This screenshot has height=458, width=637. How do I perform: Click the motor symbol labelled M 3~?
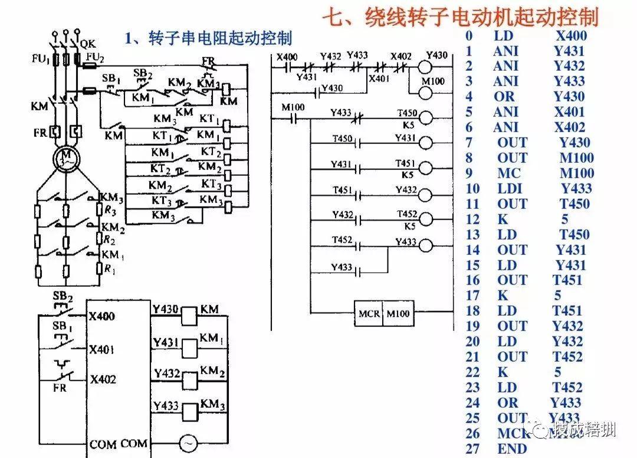63,158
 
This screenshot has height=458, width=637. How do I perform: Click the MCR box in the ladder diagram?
369,313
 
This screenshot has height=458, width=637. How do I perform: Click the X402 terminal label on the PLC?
103,380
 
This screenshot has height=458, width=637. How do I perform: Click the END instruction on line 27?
511,449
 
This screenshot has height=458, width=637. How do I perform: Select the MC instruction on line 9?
509,173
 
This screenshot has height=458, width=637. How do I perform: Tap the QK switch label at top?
87,42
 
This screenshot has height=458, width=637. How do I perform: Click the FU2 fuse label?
95,57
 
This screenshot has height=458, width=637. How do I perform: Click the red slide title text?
460,16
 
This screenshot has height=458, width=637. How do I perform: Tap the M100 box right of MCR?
399,313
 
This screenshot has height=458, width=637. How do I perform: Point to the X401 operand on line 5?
570,112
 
